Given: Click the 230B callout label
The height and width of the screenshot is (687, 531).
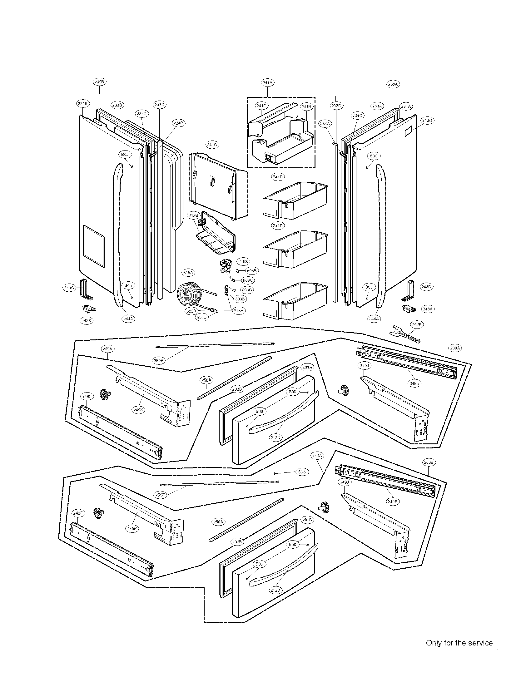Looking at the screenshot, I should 100,82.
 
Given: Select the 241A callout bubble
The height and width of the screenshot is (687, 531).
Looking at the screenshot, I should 267,83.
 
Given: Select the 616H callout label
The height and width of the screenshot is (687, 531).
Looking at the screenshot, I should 238,310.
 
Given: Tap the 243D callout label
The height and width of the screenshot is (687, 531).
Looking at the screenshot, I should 427,287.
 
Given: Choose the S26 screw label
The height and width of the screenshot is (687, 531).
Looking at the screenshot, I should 302,472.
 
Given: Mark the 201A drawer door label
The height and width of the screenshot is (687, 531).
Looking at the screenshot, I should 307,367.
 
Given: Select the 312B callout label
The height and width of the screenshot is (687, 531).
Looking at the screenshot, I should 193,215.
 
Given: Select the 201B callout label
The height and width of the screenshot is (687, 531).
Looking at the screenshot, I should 307,520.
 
